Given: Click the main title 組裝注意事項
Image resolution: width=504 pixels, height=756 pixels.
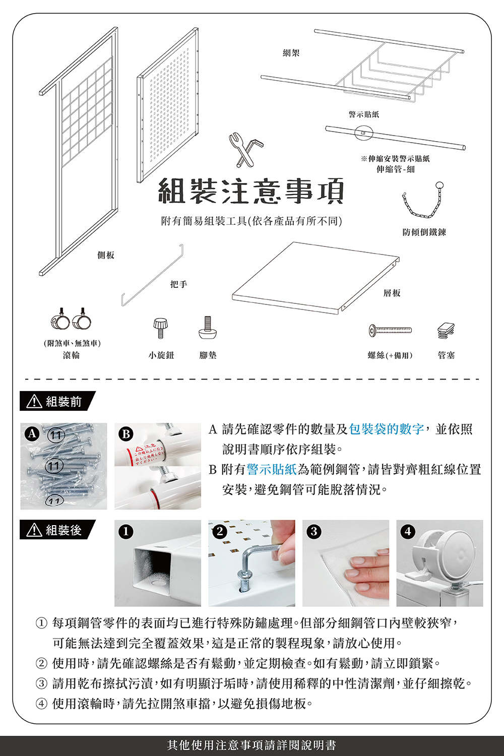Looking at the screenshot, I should click(251, 191).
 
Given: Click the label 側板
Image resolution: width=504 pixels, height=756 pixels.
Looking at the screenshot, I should click(106, 255).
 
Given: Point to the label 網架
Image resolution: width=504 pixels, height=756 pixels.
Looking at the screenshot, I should click(291, 53).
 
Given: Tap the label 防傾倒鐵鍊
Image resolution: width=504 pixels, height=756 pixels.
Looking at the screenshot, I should click(424, 232).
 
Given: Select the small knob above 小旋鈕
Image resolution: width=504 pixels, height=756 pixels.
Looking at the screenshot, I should click(160, 328).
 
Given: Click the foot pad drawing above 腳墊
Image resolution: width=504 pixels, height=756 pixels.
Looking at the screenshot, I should click(207, 329).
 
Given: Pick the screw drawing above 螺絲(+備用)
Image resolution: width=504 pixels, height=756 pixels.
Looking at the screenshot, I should click(390, 330).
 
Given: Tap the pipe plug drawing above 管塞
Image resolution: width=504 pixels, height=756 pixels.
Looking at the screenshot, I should click(446, 330).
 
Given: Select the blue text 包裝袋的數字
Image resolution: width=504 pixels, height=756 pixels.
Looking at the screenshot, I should click(387, 429).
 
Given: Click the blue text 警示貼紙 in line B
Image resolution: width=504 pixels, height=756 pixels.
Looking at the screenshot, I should click(272, 469).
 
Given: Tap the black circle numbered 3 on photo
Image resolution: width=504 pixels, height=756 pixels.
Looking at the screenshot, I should click(314, 531).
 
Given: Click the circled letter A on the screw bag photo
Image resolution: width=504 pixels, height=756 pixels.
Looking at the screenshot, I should click(32, 433).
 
